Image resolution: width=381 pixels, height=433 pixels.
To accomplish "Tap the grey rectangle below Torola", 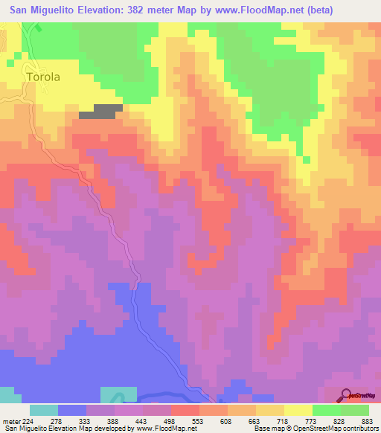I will tap(99, 112).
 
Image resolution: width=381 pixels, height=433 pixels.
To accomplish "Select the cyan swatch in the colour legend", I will tap(44, 410).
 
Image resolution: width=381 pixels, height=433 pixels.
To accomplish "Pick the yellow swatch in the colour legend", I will tap(298, 410).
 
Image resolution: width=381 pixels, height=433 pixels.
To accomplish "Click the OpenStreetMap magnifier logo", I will tap(348, 395).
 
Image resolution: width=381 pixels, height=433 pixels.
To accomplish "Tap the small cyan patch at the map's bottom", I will tap(118, 395).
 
